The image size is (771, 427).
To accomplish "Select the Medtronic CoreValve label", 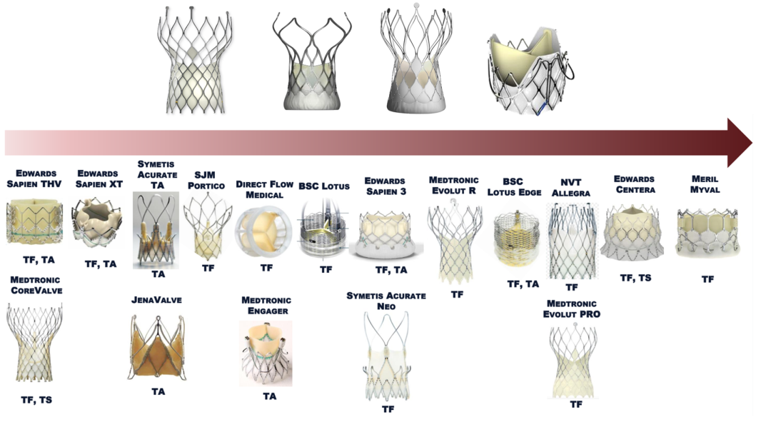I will [36, 285].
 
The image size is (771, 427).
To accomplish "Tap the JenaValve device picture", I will [157, 347].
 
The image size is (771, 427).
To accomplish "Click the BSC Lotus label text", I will [324, 186].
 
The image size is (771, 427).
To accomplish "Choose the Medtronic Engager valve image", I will [266, 353].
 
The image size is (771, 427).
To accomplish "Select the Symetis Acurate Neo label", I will [386, 301].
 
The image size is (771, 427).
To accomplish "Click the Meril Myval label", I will [707, 184].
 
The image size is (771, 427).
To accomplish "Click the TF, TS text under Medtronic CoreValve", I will [36, 400].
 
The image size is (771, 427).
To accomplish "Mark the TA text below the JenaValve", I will [158, 391].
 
